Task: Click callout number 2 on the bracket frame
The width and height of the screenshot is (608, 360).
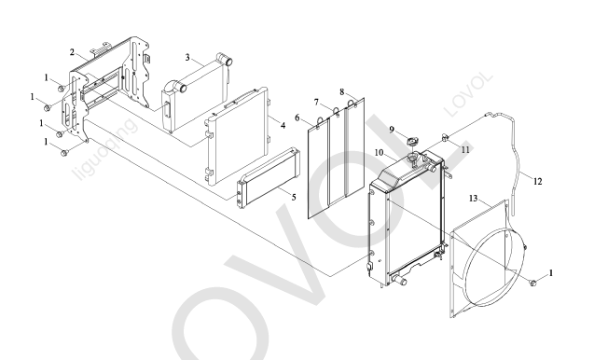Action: coord(72,52)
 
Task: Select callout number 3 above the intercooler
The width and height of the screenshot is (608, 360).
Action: coord(187,58)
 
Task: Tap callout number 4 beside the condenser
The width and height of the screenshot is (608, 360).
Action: coord(283,126)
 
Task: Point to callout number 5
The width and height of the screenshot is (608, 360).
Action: coord(294,197)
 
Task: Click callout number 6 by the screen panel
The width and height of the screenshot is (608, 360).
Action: coord(297,118)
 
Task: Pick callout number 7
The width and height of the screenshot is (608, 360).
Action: coord(316,103)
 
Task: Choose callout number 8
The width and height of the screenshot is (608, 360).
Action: coord(341,92)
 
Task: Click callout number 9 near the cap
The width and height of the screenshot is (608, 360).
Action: coord(392,130)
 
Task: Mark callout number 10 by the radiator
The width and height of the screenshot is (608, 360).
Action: coord(380,153)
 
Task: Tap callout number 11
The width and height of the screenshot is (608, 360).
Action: coord(465,150)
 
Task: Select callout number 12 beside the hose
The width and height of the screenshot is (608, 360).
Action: coord(537,181)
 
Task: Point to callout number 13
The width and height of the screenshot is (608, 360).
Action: coord(474,199)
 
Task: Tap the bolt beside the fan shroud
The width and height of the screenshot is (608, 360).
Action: coord(533,283)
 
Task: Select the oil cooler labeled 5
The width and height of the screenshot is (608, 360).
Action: coord(268,178)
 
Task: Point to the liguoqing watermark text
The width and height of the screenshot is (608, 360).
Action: coord(105,149)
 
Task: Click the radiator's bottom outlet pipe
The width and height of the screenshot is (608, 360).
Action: coord(398,280)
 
